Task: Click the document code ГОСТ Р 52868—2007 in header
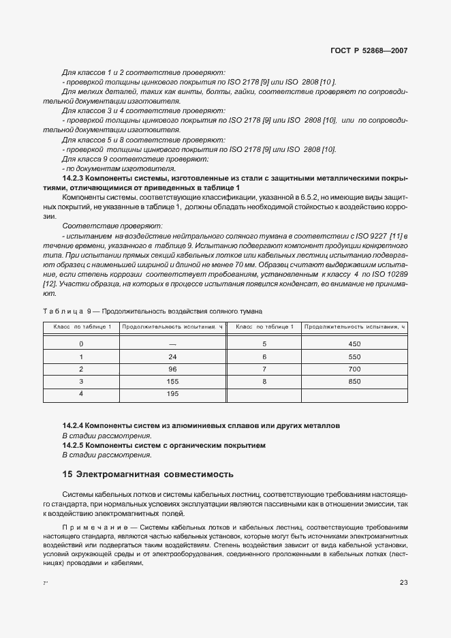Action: pyautogui.click(x=369, y=50)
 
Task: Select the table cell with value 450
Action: pyautogui.click(x=354, y=344)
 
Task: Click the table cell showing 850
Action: pyautogui.click(x=354, y=382)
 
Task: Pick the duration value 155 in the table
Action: pyautogui.click(x=172, y=382)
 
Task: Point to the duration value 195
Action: pyautogui.click(x=172, y=394)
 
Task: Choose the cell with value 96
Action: pyautogui.click(x=172, y=369)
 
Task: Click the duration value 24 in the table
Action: pyautogui.click(x=172, y=356)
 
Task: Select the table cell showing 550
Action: pyautogui.click(x=354, y=356)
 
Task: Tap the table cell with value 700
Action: pyautogui.click(x=354, y=369)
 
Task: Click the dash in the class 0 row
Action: pyautogui.click(x=172, y=344)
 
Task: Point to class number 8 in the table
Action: pyautogui.click(x=264, y=382)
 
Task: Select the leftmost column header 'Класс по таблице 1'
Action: pyautogui.click(x=82, y=326)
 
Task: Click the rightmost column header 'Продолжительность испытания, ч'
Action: pyautogui.click(x=355, y=326)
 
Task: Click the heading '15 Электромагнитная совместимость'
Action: pyautogui.click(x=148, y=473)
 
